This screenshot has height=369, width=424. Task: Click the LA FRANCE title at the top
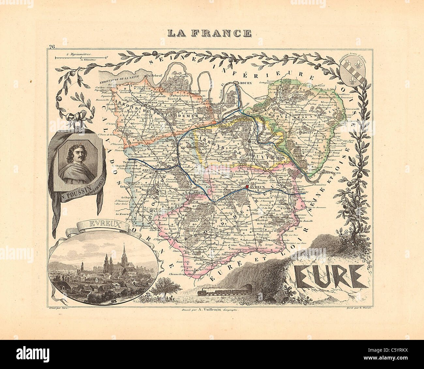tap(209, 33)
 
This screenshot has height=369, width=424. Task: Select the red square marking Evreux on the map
tap(248, 187)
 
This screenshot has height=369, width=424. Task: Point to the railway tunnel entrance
tap(250, 287)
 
